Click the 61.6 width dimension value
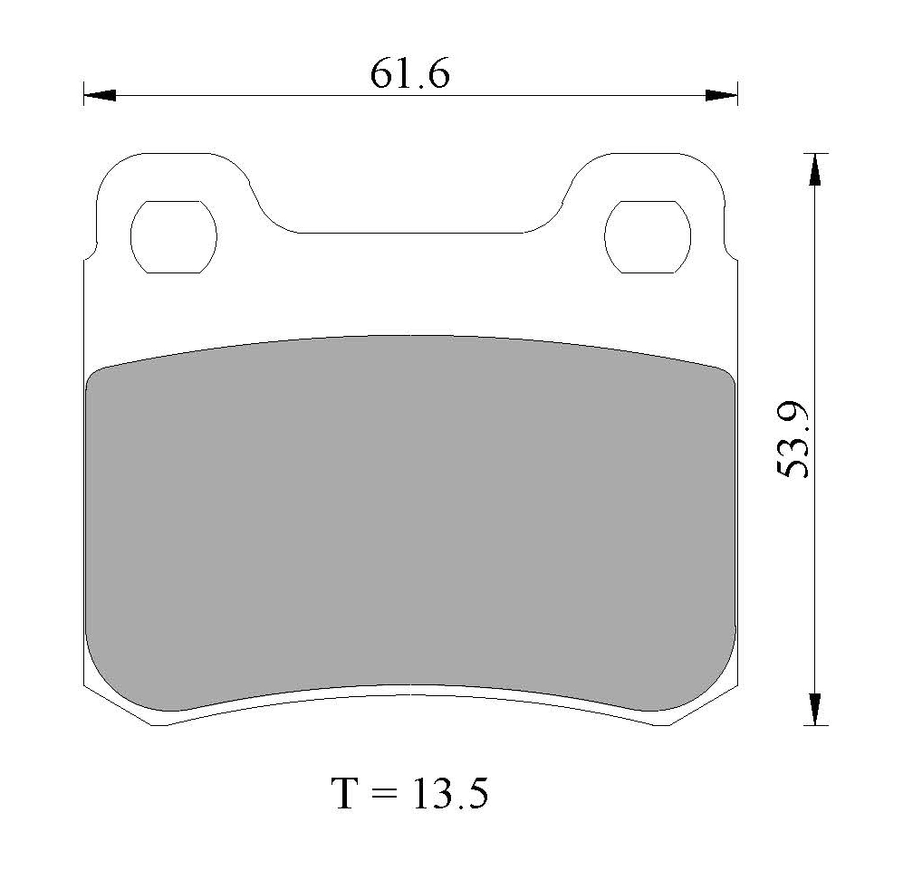[x=409, y=74]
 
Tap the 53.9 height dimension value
[x=793, y=439]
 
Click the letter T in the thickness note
[x=344, y=793]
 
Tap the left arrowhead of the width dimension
[x=100, y=95]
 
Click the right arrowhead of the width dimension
[x=722, y=95]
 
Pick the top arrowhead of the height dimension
[x=814, y=169]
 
